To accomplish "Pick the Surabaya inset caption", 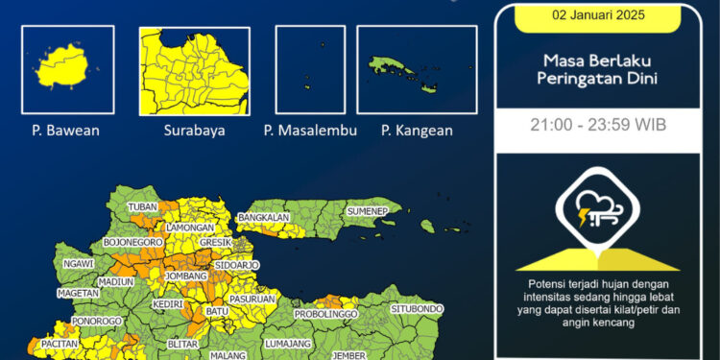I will [x=194, y=130].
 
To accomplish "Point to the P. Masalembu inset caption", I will [x=310, y=130].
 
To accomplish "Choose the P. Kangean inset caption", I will [x=417, y=130].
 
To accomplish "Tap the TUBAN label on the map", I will [x=142, y=207].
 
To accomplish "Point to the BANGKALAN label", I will [x=264, y=218].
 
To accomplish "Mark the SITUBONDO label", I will [x=417, y=309].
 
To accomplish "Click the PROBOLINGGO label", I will [x=325, y=314].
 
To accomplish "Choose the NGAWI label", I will [x=78, y=263].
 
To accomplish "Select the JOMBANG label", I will [x=186, y=276].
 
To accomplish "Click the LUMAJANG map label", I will [x=288, y=342].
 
